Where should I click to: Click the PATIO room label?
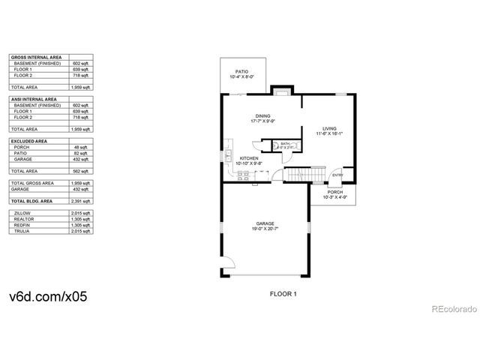coord(240,71)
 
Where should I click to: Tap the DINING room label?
coord(263,115)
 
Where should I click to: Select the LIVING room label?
coord(331,128)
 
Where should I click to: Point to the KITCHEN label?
coord(249,158)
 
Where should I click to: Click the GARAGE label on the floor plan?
coord(265,223)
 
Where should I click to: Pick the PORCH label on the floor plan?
coord(334,191)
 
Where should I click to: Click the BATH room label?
coord(285,143)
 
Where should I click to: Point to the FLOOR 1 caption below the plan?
coord(283,294)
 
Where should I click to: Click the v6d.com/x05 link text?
coord(49,296)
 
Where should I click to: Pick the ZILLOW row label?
coord(22,213)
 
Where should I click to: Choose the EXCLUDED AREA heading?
coord(28,140)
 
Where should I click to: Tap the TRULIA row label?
coord(22,232)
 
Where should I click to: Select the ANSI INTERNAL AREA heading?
coord(34,99)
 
